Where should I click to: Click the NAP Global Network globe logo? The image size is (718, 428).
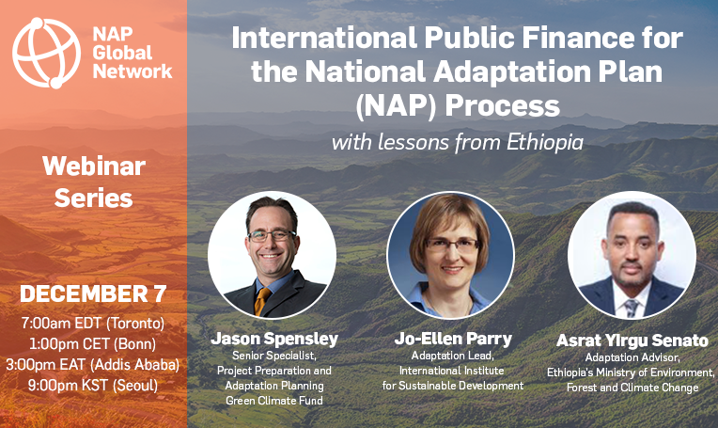click(46, 53)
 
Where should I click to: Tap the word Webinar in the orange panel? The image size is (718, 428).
click(94, 166)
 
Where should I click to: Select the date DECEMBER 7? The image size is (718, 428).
click(93, 293)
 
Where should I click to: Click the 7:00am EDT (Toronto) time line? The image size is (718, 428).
click(93, 324)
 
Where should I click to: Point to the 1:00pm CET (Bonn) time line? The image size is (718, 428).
click(92, 344)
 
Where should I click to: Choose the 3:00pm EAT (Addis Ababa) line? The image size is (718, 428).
click(92, 365)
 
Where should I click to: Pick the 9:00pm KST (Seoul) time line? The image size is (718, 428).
click(93, 386)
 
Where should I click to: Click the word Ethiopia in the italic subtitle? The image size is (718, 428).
click(545, 143)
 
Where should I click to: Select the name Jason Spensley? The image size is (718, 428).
click(274, 339)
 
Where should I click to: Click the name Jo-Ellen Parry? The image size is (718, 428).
click(453, 339)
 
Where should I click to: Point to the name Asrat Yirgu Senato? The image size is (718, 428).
click(632, 341)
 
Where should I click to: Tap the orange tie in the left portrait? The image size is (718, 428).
click(262, 301)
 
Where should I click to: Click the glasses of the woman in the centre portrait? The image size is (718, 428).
click(451, 246)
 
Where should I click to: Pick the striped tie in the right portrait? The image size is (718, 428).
click(632, 308)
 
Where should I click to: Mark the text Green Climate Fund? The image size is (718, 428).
click(274, 401)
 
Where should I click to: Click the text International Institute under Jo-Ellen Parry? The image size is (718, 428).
click(451, 371)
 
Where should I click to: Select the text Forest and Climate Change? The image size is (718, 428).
click(632, 388)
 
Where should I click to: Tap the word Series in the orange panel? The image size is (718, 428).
click(94, 198)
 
